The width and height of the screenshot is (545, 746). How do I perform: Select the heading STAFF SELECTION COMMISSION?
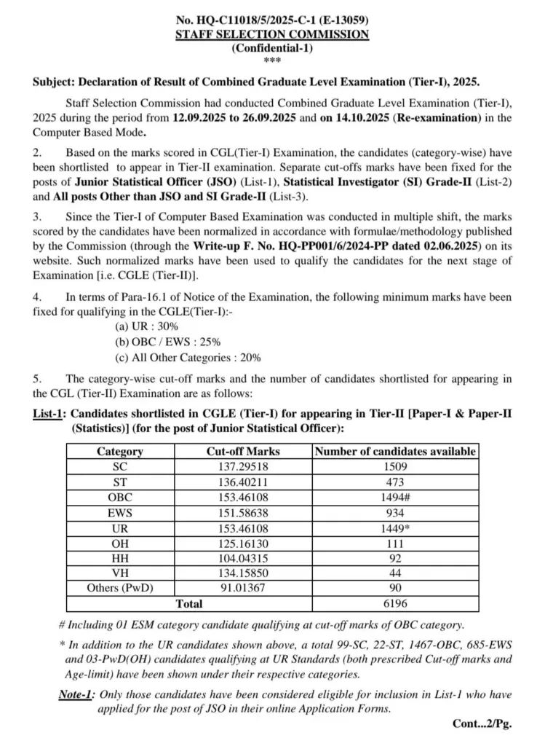272,34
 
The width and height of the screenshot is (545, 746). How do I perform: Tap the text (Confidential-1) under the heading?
272,48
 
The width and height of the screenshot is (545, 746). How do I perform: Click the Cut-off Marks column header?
243,451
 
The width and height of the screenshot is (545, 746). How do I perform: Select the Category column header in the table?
120,451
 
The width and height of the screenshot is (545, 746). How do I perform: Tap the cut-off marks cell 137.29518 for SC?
243,466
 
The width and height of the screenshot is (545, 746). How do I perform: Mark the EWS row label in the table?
120,511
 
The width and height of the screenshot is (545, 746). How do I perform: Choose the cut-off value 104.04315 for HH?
243,557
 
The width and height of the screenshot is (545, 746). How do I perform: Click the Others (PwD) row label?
120,588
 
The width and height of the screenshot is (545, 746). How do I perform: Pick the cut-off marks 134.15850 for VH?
243,573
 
